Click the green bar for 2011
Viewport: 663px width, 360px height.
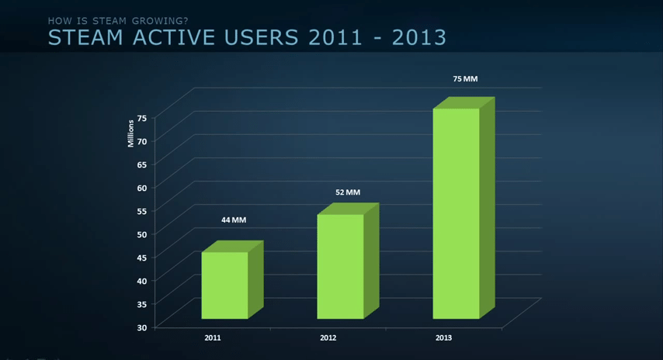(x=224, y=285)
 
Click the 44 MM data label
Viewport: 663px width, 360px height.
(x=233, y=220)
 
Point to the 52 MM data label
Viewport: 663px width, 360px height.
(x=348, y=192)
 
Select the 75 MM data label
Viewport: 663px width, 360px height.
(x=465, y=79)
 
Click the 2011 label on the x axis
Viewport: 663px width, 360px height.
(x=213, y=338)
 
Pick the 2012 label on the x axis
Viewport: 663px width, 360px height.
(x=328, y=338)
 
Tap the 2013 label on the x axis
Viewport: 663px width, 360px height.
(x=443, y=338)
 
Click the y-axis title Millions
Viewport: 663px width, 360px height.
(x=131, y=133)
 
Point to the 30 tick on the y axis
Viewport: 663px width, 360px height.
(x=142, y=327)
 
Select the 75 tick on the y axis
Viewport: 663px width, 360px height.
(x=142, y=118)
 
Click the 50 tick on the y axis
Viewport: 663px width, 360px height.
(x=142, y=234)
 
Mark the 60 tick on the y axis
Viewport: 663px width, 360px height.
(x=142, y=188)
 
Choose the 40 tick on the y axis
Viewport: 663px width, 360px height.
(x=142, y=281)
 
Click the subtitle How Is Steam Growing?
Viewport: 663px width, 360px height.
(x=118, y=20)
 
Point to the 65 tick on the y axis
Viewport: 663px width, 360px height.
(x=142, y=164)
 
